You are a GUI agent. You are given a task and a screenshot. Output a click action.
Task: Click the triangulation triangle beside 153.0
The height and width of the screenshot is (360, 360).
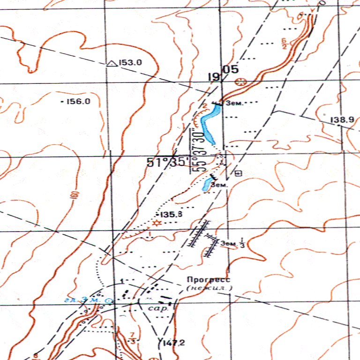[x=112, y=63]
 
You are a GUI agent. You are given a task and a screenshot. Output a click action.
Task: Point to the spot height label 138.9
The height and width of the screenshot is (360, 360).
[x=342, y=120]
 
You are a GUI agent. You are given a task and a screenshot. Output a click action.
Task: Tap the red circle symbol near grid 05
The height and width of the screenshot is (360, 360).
[x=240, y=82]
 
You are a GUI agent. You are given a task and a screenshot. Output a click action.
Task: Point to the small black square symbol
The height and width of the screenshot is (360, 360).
[x=238, y=173]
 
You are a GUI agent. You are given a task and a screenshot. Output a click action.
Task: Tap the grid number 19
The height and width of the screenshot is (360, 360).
[x=214, y=77]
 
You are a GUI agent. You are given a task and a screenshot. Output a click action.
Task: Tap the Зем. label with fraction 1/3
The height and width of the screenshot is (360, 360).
[x=233, y=243]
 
